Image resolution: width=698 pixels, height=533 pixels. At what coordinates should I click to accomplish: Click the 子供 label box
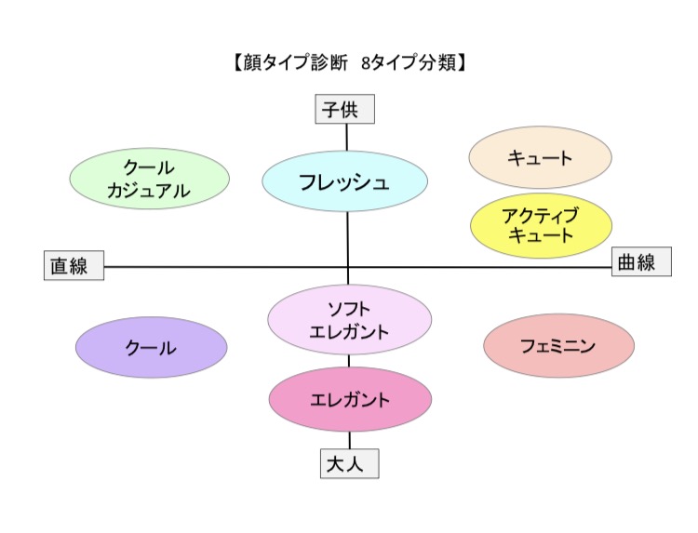point(345,110)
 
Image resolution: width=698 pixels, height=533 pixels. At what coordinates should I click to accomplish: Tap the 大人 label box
point(350,463)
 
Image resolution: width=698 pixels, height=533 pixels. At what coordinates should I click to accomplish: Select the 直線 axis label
point(74,266)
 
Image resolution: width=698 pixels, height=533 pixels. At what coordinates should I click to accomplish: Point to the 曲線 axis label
point(640,263)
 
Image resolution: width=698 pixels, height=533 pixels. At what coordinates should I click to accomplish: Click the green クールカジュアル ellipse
point(150,180)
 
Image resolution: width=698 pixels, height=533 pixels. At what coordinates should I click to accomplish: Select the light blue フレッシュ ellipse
point(344,182)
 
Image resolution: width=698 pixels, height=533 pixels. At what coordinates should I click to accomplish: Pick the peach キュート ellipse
point(540,157)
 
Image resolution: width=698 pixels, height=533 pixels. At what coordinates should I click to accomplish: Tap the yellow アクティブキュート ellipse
point(541,226)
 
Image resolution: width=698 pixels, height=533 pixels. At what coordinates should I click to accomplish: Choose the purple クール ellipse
point(151,347)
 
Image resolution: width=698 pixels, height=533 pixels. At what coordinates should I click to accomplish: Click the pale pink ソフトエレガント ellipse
point(349,319)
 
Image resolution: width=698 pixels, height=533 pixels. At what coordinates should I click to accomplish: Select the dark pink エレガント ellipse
point(350,400)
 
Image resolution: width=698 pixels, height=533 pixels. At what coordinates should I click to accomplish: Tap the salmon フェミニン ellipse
point(558,345)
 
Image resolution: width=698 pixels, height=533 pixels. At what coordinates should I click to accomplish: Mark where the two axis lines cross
point(348,268)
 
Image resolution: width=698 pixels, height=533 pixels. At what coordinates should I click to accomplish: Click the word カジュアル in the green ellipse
point(150,191)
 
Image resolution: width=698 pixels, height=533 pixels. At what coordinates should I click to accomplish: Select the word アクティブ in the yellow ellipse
point(541,216)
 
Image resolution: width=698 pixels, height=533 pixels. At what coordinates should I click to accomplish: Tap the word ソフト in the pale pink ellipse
point(350,309)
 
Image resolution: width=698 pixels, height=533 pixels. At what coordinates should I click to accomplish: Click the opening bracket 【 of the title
point(232,63)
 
